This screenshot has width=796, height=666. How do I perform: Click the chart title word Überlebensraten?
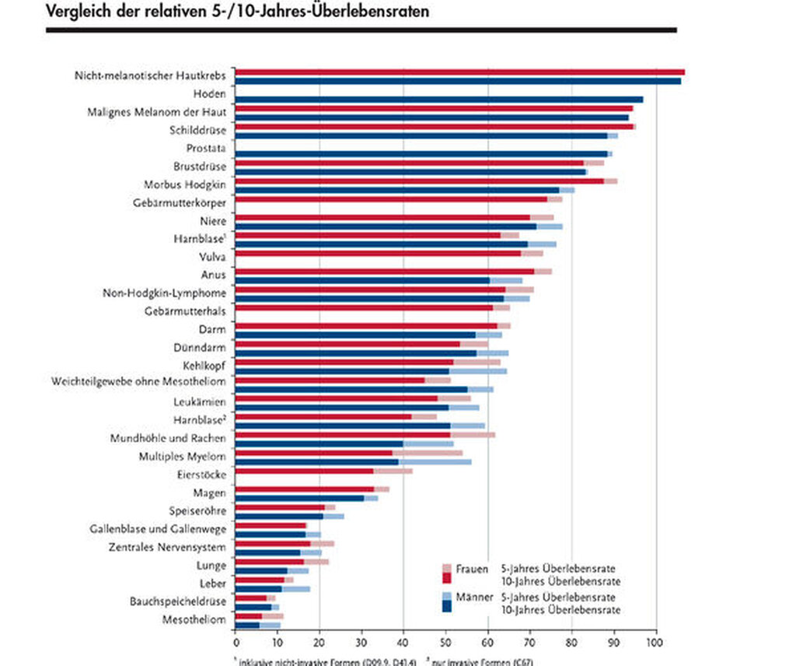point(360,12)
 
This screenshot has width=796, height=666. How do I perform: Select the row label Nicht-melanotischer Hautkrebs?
point(150,75)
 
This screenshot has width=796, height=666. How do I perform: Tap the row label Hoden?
point(209,94)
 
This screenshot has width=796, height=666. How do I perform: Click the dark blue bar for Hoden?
point(439,100)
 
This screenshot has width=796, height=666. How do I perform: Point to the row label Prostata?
point(206,148)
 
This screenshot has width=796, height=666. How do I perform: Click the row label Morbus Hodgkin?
point(184,184)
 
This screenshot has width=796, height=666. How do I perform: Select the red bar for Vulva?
point(378,253)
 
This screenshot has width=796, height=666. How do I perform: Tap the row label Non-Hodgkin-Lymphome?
point(164,293)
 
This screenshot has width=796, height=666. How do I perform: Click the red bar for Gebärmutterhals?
point(364,308)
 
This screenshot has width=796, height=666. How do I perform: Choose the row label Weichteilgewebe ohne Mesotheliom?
point(138,381)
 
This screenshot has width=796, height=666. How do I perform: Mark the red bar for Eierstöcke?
point(305,471)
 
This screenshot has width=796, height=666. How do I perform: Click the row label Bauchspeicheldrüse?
point(178,601)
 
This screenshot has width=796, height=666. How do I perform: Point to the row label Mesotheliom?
point(194,620)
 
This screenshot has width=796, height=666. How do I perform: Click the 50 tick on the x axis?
point(445,643)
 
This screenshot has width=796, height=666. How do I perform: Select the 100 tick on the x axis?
point(655,643)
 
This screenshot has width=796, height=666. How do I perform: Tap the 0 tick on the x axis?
point(236,643)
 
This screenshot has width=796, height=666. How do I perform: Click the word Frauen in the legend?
point(473,569)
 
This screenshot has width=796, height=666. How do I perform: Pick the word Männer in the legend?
point(473,597)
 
